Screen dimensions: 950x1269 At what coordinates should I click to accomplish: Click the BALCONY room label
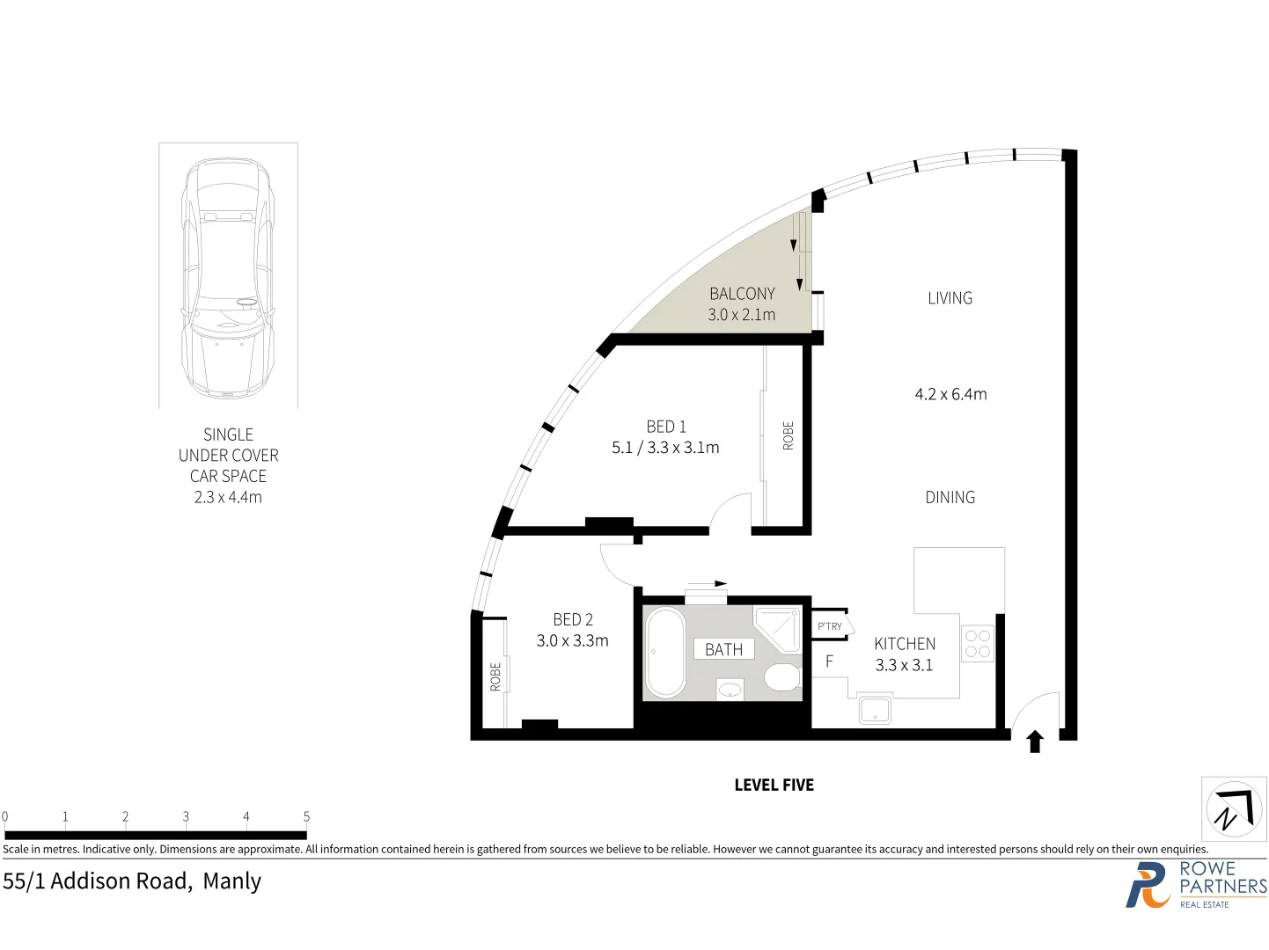tap(742, 294)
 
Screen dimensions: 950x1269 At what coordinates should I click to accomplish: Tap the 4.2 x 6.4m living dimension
tap(950, 394)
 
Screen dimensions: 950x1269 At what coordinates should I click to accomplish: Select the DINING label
tap(950, 497)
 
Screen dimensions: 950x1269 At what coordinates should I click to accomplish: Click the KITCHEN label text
tap(905, 644)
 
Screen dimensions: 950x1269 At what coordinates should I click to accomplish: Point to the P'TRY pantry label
tap(829, 626)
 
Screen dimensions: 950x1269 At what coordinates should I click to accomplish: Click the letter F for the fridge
tap(829, 661)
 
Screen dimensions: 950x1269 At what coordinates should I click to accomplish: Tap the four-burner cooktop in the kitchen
tap(977, 644)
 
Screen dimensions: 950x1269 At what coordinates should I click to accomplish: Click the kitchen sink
tap(875, 709)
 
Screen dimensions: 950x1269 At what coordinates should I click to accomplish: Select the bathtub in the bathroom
tap(665, 652)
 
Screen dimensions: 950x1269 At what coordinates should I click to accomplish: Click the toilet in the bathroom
tap(781, 677)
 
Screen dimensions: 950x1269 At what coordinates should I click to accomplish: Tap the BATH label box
tap(723, 649)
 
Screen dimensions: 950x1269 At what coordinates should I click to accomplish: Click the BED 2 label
tap(573, 619)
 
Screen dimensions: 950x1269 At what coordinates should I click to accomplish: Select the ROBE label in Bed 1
tap(788, 436)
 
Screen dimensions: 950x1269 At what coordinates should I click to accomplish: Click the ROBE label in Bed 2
tap(495, 676)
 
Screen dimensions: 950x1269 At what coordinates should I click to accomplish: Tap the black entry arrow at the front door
tap(1035, 742)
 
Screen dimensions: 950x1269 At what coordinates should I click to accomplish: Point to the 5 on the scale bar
tap(306, 816)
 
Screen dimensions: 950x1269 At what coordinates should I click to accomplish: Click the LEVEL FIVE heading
tap(774, 785)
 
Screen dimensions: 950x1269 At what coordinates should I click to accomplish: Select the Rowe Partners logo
tap(1195, 885)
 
